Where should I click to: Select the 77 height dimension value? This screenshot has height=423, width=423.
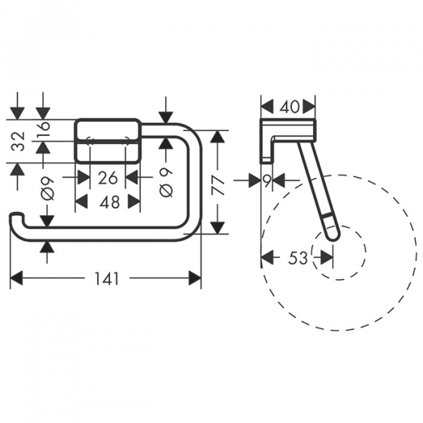(x=219, y=184)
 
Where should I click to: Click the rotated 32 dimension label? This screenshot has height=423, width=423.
(x=18, y=142)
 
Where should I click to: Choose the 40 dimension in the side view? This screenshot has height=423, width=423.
(x=289, y=106)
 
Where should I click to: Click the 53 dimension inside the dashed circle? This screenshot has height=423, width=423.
(x=298, y=258)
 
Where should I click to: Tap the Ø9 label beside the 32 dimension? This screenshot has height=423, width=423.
(x=47, y=190)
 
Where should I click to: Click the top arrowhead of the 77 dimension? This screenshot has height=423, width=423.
(x=219, y=136)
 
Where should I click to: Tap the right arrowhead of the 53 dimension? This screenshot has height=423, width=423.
(x=329, y=258)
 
